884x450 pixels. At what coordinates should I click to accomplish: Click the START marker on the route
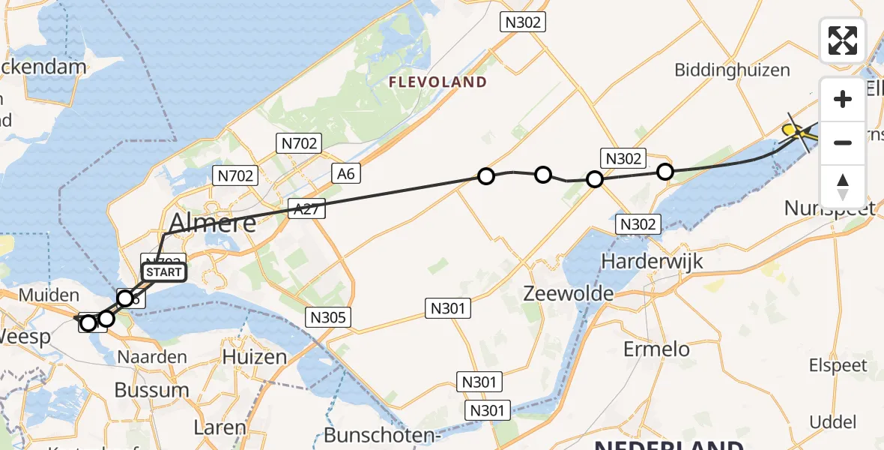(164, 271)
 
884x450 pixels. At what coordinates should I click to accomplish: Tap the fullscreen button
(843, 40)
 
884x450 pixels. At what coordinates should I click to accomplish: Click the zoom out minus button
(843, 142)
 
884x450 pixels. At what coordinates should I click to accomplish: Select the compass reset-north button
(843, 187)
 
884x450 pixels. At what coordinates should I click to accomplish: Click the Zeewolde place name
(569, 293)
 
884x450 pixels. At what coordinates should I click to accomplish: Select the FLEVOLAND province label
(438, 82)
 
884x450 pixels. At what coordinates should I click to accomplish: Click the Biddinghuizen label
(732, 70)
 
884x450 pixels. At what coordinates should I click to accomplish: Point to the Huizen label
(255, 357)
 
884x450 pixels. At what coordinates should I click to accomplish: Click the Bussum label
(151, 390)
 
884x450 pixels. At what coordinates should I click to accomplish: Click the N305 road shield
(327, 318)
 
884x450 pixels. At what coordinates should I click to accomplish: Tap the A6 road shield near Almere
(345, 175)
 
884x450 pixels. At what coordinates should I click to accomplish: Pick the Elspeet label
(838, 366)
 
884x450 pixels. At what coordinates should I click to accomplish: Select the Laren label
(220, 428)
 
